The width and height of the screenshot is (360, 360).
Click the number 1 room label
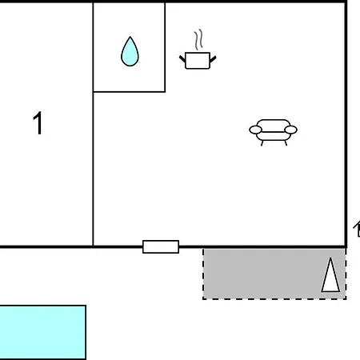(x=38, y=123)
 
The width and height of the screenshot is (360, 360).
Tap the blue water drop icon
(x=130, y=52)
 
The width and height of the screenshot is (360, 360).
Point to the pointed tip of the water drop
(x=130, y=37)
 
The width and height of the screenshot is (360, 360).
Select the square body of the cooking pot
(x=198, y=61)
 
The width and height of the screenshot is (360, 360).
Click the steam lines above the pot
(x=198, y=40)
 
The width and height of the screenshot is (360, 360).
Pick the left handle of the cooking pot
(x=182, y=59)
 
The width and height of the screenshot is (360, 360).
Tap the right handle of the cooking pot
(x=213, y=59)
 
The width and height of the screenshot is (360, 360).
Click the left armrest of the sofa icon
(x=255, y=130)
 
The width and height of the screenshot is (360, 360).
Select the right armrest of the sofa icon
(x=290, y=130)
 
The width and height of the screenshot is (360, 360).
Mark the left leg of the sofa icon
(x=262, y=143)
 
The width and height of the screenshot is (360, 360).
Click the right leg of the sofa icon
(x=286, y=143)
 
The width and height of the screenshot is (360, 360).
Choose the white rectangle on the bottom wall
(x=161, y=246)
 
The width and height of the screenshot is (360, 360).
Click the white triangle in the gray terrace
(x=330, y=275)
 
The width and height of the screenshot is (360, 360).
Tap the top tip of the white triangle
(x=330, y=258)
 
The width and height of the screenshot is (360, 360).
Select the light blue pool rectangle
(x=42, y=332)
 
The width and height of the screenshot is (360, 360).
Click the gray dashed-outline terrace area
(x=274, y=274)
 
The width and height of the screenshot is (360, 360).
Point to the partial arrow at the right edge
(x=357, y=229)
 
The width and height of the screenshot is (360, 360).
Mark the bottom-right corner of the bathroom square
(x=165, y=92)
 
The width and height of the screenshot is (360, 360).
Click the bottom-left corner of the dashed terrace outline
(x=203, y=299)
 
